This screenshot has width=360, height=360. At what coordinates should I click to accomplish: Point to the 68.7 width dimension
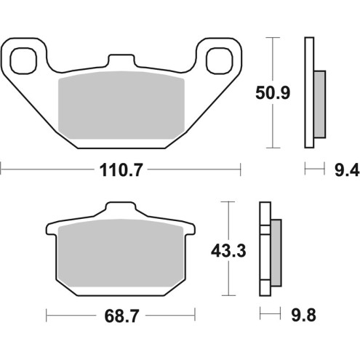click(121, 316)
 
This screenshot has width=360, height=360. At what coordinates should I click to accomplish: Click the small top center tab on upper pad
click(121, 59)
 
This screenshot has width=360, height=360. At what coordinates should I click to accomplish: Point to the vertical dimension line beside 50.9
click(272, 91)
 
